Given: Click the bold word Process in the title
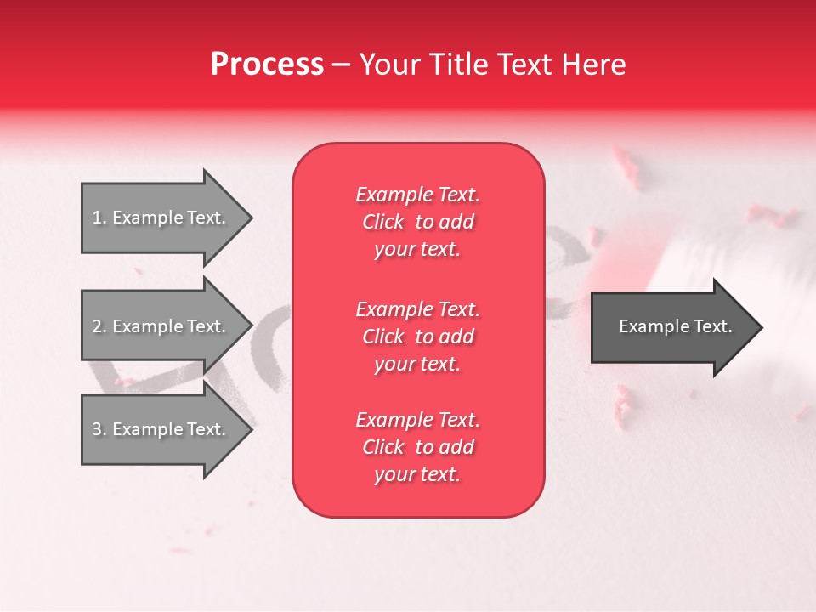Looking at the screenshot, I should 267,65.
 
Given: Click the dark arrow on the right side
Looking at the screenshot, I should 671,327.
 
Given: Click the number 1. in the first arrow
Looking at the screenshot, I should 99,218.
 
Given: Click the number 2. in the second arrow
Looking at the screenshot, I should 99,326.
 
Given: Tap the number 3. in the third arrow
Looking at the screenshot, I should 99,429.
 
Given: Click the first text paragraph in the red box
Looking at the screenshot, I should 417,222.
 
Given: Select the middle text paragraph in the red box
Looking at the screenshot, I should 417,337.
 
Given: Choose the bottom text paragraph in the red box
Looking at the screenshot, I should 417,447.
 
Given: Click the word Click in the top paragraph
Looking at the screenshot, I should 382,222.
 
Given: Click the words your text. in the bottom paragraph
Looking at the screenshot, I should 417,474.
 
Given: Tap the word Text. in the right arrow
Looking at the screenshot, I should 709,326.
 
